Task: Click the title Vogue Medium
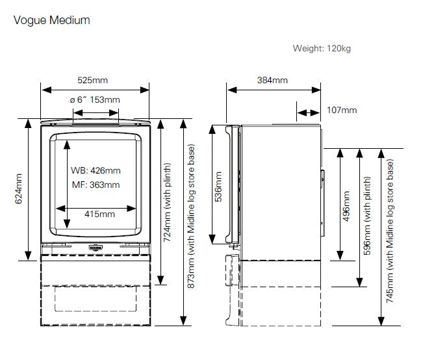coord(51,20)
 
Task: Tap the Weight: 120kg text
coord(322,48)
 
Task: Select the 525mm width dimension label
coord(93,81)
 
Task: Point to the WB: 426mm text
coord(96,170)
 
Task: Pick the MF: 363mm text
coord(96,185)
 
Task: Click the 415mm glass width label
coord(100,214)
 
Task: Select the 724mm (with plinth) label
coord(168,202)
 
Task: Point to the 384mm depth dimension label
coord(272,81)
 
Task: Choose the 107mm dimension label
coord(341,110)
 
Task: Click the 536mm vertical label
coord(218,186)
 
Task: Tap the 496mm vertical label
coord(346,206)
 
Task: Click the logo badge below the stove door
coord(96,248)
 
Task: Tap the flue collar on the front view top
coord(96,119)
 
